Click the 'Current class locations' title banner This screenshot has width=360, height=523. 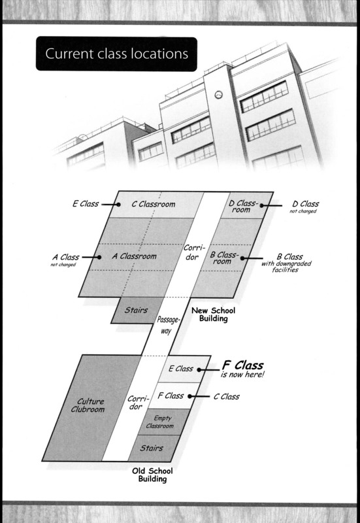pos(116,54)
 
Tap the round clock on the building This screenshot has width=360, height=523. pos(218,95)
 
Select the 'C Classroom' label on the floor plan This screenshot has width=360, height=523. pos(154,204)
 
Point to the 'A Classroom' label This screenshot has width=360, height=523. pos(135,256)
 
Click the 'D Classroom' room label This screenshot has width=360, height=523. pos(242,207)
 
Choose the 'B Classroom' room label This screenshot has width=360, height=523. pos(224,258)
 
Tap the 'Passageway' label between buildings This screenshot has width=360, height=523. pos(168,325)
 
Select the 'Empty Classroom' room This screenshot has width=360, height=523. pos(160,422)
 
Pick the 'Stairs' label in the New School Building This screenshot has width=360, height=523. pos(136,310)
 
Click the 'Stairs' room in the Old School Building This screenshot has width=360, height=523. pos(152,448)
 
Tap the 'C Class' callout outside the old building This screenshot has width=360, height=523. pos(227,397)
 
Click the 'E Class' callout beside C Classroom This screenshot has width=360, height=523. pos(86,203)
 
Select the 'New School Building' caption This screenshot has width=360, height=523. pos(214,314)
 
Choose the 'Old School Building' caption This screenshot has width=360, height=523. pos(152,475)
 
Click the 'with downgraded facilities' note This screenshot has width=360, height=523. pos(286,267)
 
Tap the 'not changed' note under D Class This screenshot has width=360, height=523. pos(303,211)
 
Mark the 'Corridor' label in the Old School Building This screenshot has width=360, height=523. pos(137,403)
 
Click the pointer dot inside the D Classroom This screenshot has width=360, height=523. pos(262,205)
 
